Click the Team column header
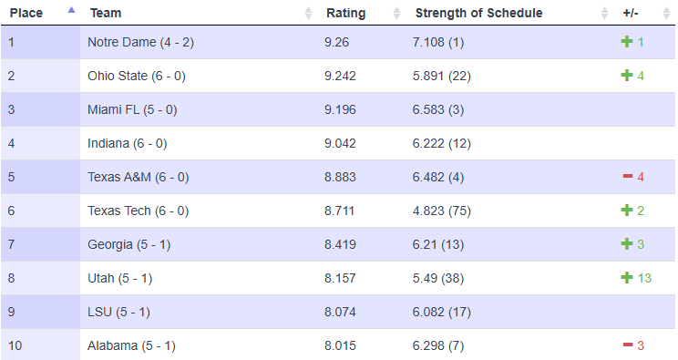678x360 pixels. click(107, 13)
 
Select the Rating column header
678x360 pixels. click(345, 13)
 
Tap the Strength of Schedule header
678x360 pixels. click(478, 13)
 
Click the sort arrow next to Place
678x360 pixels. click(71, 10)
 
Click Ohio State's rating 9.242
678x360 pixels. click(341, 76)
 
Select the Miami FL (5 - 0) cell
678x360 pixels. click(132, 109)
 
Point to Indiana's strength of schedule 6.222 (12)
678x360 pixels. click(442, 143)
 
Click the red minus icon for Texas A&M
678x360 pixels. click(627, 177)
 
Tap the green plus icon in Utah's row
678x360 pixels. click(627, 278)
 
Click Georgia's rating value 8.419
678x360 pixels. click(340, 244)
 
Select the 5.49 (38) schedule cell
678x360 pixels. click(439, 278)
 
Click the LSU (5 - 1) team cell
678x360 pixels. click(119, 312)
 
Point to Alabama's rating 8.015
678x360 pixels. click(340, 345)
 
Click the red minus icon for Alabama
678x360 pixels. click(627, 345)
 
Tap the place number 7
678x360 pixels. click(11, 244)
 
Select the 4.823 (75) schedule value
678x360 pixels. click(442, 211)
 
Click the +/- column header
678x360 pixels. click(631, 13)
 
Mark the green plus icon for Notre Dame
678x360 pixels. click(627, 42)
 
